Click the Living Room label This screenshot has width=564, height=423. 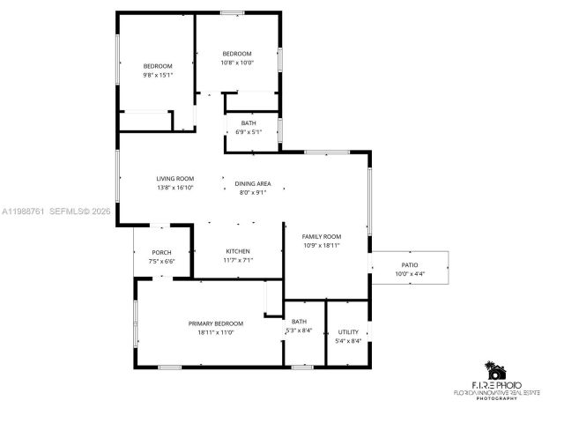[x=175, y=178]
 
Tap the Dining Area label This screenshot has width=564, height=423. [x=253, y=183]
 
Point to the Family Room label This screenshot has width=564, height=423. [x=322, y=236]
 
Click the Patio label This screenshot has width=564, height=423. [x=410, y=264]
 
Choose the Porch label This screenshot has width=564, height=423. [x=161, y=253]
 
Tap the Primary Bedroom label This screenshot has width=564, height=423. [x=216, y=323]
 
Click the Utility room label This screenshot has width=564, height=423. [x=348, y=331]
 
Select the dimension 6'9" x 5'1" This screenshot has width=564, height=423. [x=249, y=132]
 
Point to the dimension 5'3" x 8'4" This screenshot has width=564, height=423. [x=300, y=330]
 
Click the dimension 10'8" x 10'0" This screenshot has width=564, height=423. [x=237, y=63]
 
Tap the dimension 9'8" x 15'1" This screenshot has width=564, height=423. [x=159, y=75]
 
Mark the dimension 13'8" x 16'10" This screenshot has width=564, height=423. [x=175, y=187]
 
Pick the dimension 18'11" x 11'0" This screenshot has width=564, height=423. [x=216, y=332]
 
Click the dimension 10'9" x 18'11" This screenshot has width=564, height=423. [x=322, y=245]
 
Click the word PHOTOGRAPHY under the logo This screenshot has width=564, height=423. [x=497, y=398]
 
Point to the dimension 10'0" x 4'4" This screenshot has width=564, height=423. [x=410, y=273]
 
